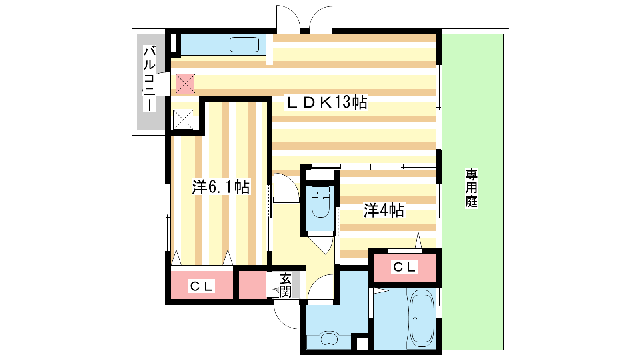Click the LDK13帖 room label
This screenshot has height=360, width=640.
click(327, 102)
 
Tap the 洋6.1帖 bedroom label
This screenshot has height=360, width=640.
click(221, 187)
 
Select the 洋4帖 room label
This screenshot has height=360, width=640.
click(384, 210)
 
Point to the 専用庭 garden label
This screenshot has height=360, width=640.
click(472, 188)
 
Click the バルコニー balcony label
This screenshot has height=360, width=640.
click(150, 78)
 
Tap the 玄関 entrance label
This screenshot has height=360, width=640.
click(286, 285)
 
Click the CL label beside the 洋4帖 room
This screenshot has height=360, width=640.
click(404, 267)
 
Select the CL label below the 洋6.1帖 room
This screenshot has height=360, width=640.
click(202, 286)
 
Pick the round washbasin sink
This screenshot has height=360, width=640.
click(329, 340)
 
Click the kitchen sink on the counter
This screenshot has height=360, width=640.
click(244, 44)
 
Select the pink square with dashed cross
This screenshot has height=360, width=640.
click(186, 84)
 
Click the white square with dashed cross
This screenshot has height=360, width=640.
click(183, 120)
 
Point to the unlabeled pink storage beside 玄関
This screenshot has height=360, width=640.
click(252, 284)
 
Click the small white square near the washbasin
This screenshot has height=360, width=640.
click(362, 344)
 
